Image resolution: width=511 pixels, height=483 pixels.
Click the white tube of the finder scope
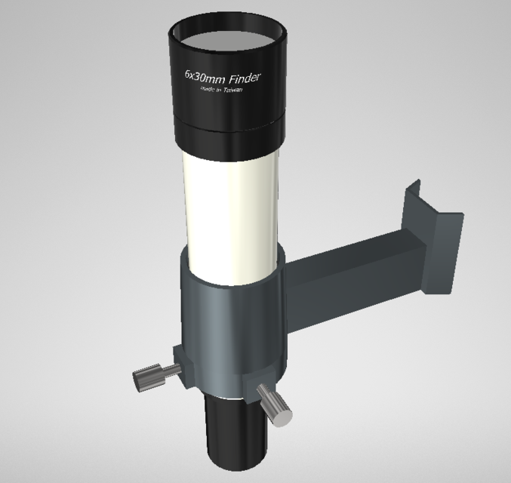click(x=231, y=204)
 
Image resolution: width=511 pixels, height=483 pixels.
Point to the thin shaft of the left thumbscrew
click(x=171, y=370)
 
